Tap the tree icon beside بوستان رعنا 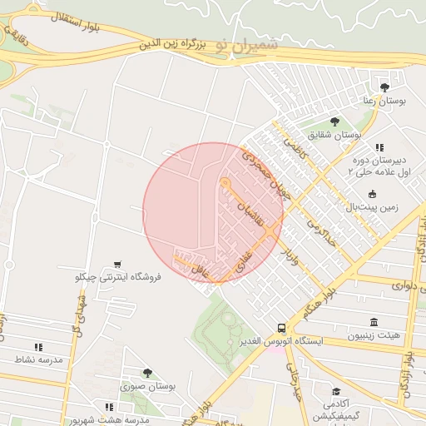(x=384, y=87)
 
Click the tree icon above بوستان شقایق (x=335, y=121)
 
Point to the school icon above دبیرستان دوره (x=379, y=146)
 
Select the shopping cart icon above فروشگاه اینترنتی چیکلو (x=121, y=264)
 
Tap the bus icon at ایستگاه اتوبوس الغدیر (x=283, y=328)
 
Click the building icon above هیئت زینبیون (x=372, y=322)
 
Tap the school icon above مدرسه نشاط (x=38, y=346)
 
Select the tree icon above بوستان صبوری (x=148, y=373)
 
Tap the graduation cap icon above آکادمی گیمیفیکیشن (x=335, y=391)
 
